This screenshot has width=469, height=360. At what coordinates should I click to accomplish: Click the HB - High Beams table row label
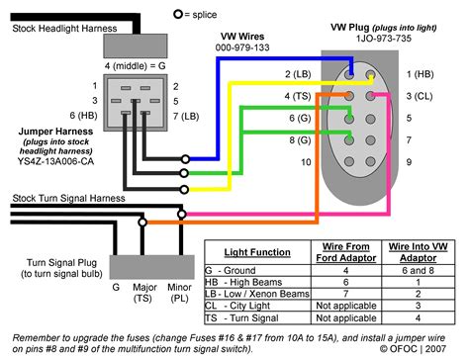pyautogui.click(x=252, y=282)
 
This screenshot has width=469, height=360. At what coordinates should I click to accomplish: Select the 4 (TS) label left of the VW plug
pyautogui.click(x=297, y=96)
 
